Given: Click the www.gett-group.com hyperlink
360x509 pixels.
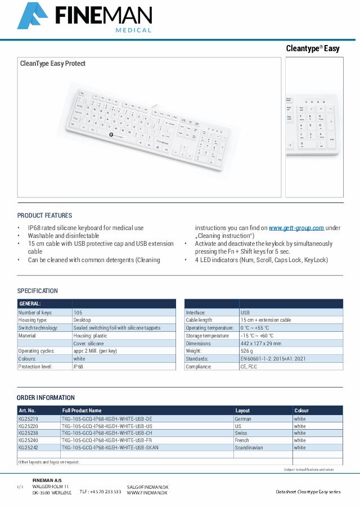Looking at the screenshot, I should point(296,228).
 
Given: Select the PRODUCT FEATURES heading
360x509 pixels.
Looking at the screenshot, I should point(44,215).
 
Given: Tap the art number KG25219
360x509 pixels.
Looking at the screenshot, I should point(28,419).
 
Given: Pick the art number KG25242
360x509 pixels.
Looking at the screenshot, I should point(28,448).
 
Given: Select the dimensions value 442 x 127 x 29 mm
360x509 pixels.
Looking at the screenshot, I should point(261,343).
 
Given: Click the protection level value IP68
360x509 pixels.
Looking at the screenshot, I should point(78,366).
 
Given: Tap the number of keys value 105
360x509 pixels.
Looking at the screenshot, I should point(78,312).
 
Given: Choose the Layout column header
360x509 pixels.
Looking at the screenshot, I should point(242,411).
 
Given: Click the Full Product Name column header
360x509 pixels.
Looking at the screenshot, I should point(82,411).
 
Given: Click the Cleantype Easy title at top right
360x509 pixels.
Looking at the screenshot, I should point(313,48).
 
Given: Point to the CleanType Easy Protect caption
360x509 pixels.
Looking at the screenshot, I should point(53,64).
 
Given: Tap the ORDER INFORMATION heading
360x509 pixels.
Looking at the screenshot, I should point(46,398).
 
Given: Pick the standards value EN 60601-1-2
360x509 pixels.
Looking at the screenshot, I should point(273,358).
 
